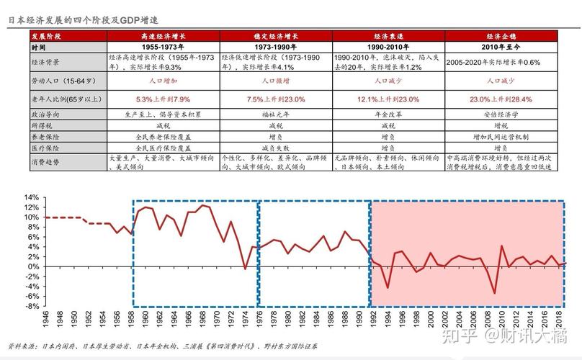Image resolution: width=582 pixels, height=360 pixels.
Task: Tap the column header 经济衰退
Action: (388, 36)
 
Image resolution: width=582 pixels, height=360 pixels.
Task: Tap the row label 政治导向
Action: (45, 113)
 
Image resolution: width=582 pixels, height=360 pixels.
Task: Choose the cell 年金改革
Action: (388, 113)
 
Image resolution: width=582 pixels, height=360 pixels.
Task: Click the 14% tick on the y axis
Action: (30, 197)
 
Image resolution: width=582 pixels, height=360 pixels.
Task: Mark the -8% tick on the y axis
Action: (30, 306)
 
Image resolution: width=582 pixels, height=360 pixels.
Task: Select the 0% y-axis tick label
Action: (33, 266)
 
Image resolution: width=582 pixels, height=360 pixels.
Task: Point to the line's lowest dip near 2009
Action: (494, 293)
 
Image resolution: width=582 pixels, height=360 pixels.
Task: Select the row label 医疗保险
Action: (45, 146)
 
